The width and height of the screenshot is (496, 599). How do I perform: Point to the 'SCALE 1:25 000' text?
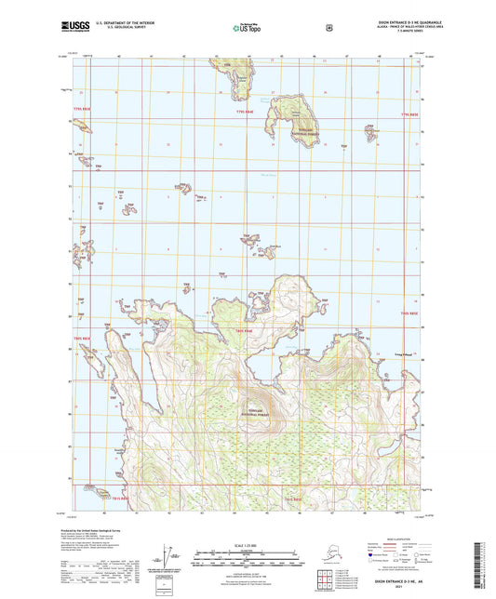247,544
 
